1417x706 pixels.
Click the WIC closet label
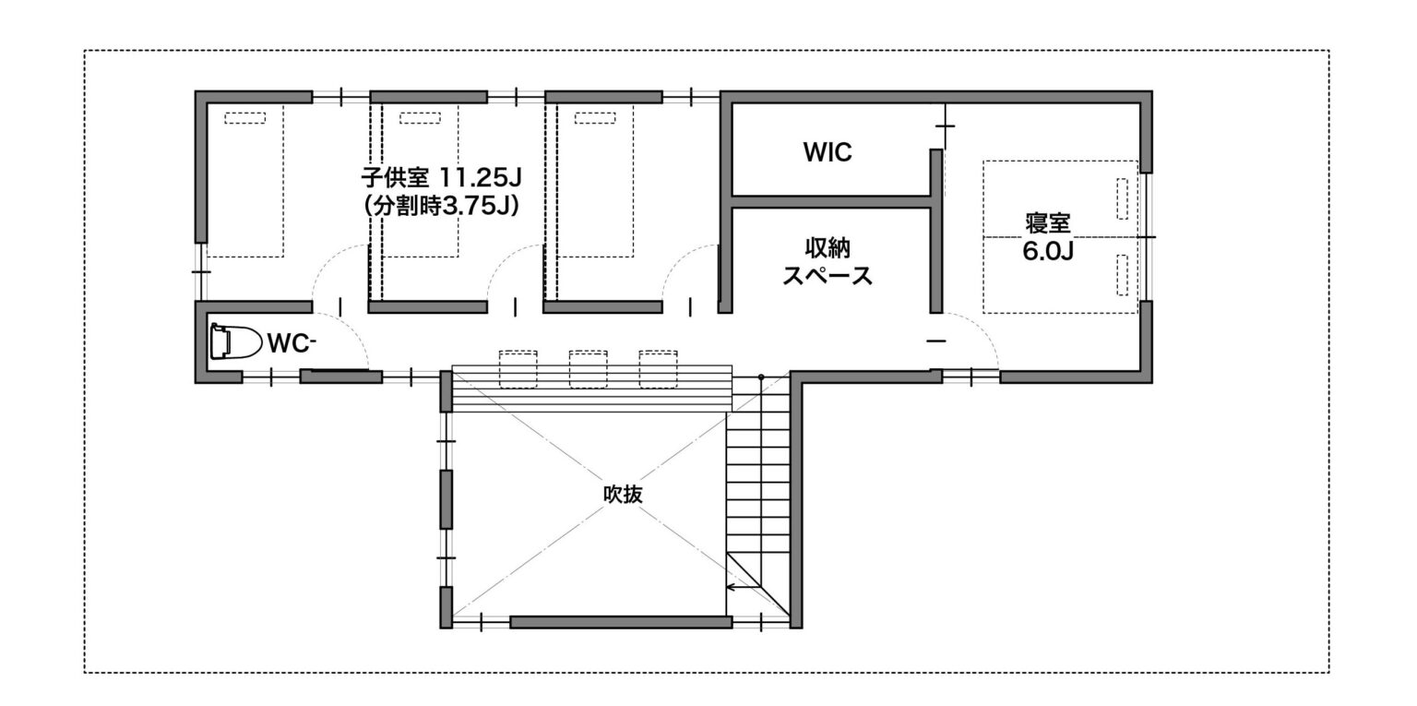click(828, 152)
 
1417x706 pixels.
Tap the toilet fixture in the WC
click(236, 342)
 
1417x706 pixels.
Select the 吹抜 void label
click(623, 494)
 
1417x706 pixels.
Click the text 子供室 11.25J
click(441, 178)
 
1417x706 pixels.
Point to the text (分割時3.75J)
click(442, 206)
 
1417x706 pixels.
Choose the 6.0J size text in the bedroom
click(1048, 252)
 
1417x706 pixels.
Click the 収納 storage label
click(828, 248)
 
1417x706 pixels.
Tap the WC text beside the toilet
click(291, 343)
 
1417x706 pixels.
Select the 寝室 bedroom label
click(1048, 223)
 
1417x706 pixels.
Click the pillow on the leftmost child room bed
click(244, 118)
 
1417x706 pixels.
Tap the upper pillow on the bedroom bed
click(1122, 199)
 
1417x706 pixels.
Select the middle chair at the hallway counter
click(589, 369)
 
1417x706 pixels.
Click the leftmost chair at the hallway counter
click(518, 369)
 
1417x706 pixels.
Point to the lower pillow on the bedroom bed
click(1122, 275)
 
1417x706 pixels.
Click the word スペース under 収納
click(828, 277)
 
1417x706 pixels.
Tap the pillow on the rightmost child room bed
click(595, 118)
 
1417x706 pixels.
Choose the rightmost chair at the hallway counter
click(658, 369)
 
